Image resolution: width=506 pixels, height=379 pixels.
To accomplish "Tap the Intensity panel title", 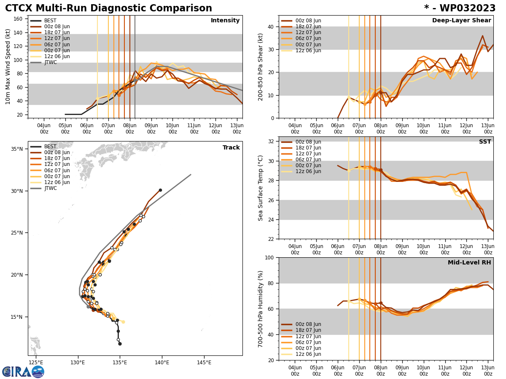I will coord(225,21).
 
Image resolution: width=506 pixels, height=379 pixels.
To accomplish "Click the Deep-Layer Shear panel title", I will coord(461,21).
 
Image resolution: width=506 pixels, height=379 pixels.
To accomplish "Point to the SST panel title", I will coord(485,142).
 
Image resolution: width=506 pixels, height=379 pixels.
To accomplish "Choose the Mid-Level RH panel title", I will coord(469,263).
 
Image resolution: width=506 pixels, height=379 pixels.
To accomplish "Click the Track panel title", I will coord(231,148).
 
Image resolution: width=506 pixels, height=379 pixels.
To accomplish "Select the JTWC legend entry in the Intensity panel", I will coord(51,62).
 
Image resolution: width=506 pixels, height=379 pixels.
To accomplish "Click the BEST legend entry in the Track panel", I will coord(50,147).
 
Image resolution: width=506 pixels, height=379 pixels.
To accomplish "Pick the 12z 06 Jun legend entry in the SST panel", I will coord(308,171).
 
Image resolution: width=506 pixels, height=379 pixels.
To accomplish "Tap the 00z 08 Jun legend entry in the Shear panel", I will coord(308,21).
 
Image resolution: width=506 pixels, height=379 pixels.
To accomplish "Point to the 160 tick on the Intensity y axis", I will coord(19,19).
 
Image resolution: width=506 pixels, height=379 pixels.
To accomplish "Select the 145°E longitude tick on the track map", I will coord(204,362).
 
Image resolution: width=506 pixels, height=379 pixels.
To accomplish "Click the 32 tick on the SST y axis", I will coord(272,141).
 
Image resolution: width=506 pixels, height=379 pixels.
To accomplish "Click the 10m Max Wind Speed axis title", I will coord(8,67).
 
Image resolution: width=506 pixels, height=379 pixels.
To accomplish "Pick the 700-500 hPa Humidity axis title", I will coord(261,309).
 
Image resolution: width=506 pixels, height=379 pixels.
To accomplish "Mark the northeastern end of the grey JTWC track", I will coord(191,174).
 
